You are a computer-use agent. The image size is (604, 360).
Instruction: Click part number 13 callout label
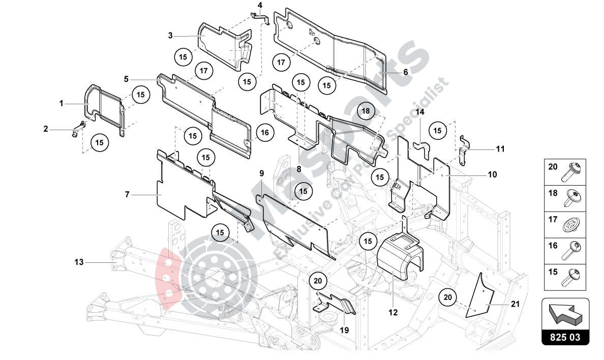pyautogui.click(x=79, y=262)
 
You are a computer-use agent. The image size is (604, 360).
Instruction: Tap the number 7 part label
pyautogui.click(x=128, y=194)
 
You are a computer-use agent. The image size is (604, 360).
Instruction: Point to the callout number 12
pyautogui.click(x=393, y=312)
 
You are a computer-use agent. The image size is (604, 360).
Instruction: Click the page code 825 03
pyautogui.click(x=566, y=337)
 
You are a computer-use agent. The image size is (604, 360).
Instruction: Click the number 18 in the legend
pyautogui.click(x=553, y=193)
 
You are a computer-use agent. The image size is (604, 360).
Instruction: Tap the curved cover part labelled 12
pyautogui.click(x=399, y=257)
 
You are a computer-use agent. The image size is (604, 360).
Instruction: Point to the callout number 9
pyautogui.click(x=261, y=173)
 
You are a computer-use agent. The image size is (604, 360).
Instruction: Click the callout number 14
pyautogui.click(x=420, y=112)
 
